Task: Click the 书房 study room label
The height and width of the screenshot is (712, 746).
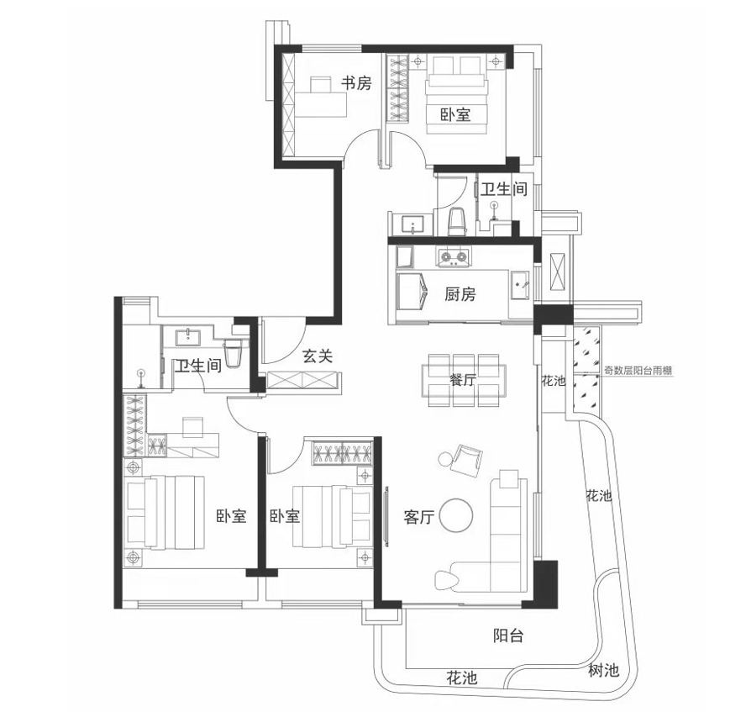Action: pyautogui.click(x=356, y=83)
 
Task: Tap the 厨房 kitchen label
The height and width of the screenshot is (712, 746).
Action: pyautogui.click(x=460, y=294)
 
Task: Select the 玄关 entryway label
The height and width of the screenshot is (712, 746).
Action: pyautogui.click(x=318, y=356)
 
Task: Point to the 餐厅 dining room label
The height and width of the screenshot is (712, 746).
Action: pyautogui.click(x=462, y=380)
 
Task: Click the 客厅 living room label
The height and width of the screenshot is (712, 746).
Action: pyautogui.click(x=418, y=517)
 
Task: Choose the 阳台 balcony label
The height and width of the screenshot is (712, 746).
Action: pyautogui.click(x=508, y=636)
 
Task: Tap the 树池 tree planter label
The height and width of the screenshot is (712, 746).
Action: pyautogui.click(x=603, y=671)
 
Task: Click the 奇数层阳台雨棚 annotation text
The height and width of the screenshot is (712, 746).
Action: pyautogui.click(x=638, y=370)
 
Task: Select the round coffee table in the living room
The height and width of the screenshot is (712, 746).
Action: pyautogui.click(x=456, y=515)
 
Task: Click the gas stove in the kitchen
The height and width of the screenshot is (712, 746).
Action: pyautogui.click(x=454, y=257)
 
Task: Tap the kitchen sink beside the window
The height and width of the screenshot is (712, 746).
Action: pyautogui.click(x=520, y=285)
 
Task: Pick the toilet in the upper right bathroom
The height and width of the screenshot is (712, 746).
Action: pyautogui.click(x=457, y=221)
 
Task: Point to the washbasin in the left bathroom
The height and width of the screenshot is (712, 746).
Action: pyautogui.click(x=190, y=336)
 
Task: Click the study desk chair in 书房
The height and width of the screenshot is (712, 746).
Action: pyautogui.click(x=321, y=85)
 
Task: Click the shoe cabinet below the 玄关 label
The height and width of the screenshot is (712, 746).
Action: pyautogui.click(x=304, y=382)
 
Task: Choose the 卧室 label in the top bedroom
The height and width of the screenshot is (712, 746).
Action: pyautogui.click(x=455, y=114)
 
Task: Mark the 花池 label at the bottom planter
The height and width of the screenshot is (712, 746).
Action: pyautogui.click(x=461, y=678)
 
